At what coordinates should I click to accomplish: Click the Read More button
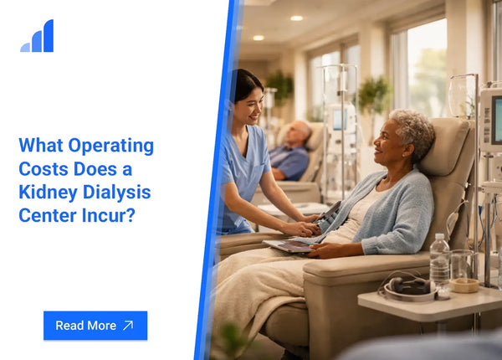click(95, 326)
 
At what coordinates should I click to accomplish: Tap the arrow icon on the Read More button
click(128, 326)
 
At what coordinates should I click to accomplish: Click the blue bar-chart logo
click(37, 35)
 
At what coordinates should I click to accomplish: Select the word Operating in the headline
click(110, 147)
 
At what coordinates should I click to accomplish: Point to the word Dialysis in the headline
click(117, 193)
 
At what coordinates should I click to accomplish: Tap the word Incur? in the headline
click(109, 215)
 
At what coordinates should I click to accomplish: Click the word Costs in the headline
click(44, 169)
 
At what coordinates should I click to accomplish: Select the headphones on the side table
click(408, 287)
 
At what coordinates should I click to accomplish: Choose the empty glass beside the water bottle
click(462, 266)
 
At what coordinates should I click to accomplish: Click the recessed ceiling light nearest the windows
click(296, 18)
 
